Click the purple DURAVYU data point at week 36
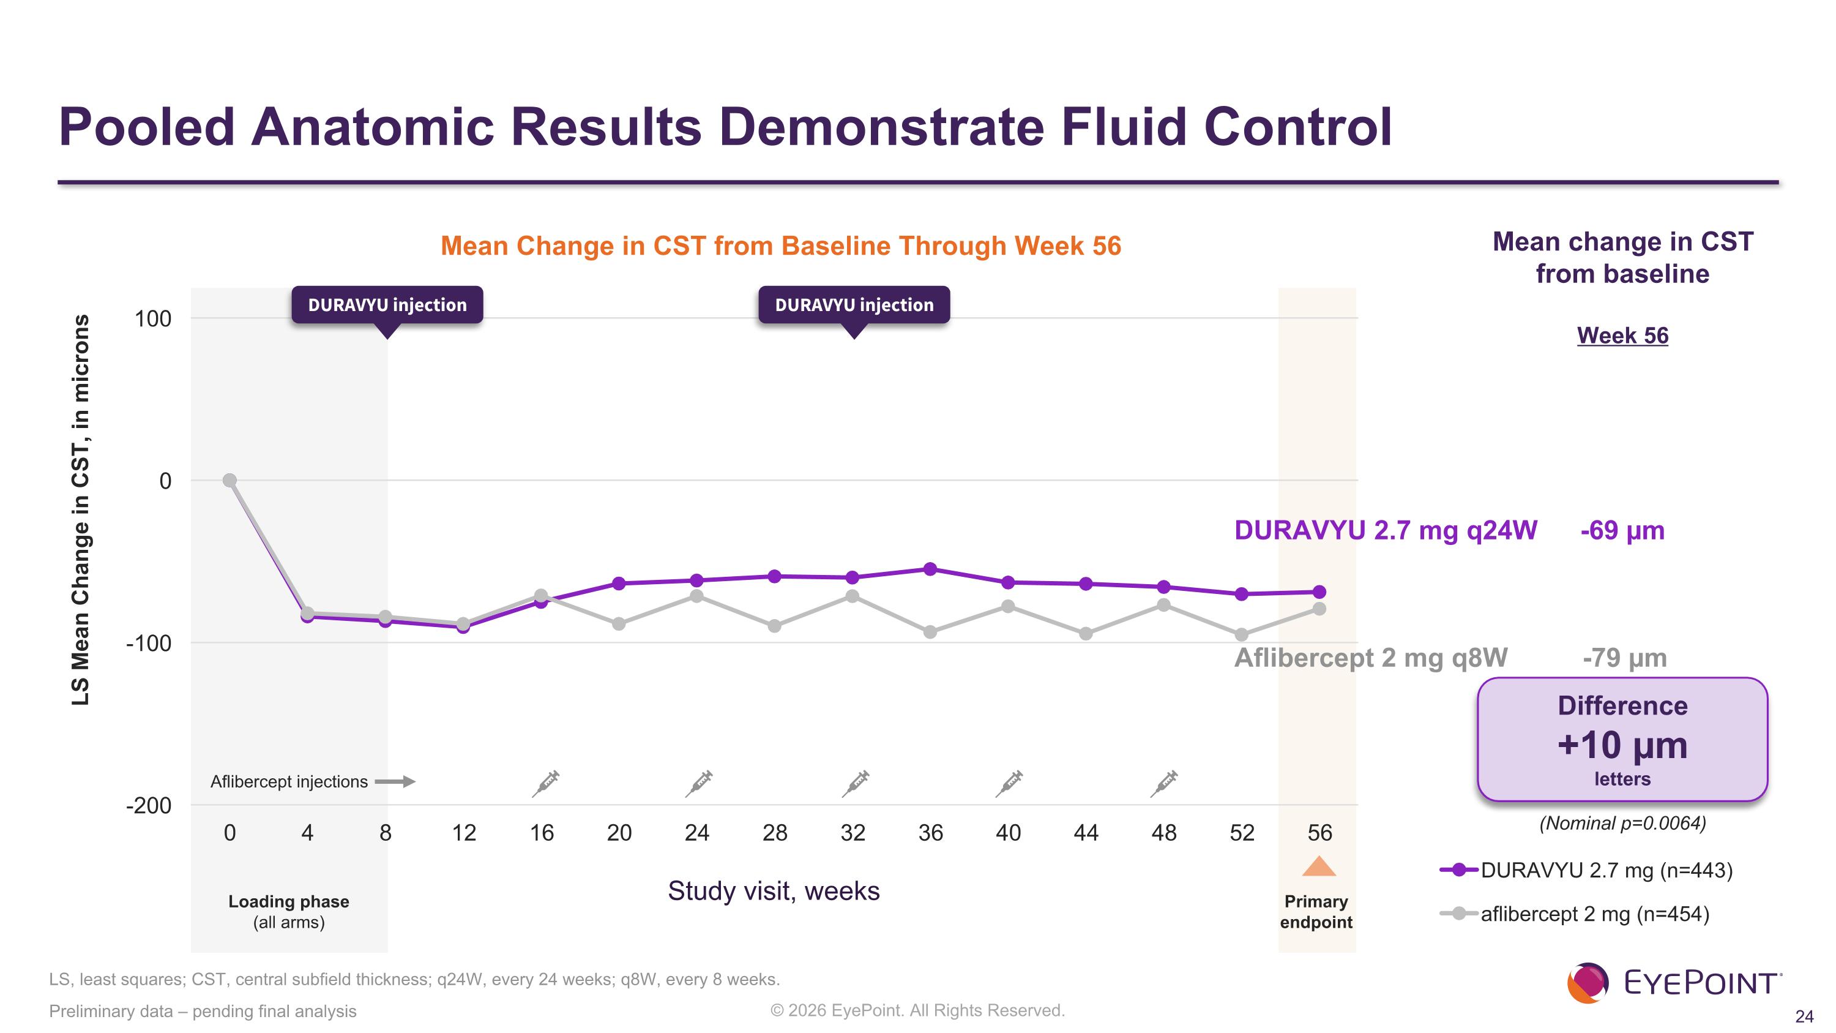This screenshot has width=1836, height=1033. pos(930,569)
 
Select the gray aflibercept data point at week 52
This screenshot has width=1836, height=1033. pos(1242,634)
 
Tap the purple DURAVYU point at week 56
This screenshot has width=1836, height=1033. pos(1319,592)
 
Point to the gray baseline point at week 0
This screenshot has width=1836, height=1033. pos(229,481)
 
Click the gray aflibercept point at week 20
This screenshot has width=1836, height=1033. pos(619,624)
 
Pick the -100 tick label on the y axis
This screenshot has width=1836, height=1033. pos(148,643)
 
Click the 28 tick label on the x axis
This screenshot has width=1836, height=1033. pos(775,833)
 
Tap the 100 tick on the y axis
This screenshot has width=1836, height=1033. pos(153,318)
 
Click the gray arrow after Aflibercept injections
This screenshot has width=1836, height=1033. pos(395,781)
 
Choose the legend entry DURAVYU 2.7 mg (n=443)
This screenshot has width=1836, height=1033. pos(1586,871)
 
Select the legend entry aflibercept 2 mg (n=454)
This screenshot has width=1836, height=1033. pos(1575,914)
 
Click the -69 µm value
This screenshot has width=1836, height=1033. pos(1622,530)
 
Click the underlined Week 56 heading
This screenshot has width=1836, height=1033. pos(1623,335)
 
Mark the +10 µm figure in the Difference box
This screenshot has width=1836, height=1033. pos(1623,745)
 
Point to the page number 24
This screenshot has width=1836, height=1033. pos(1804,1016)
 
